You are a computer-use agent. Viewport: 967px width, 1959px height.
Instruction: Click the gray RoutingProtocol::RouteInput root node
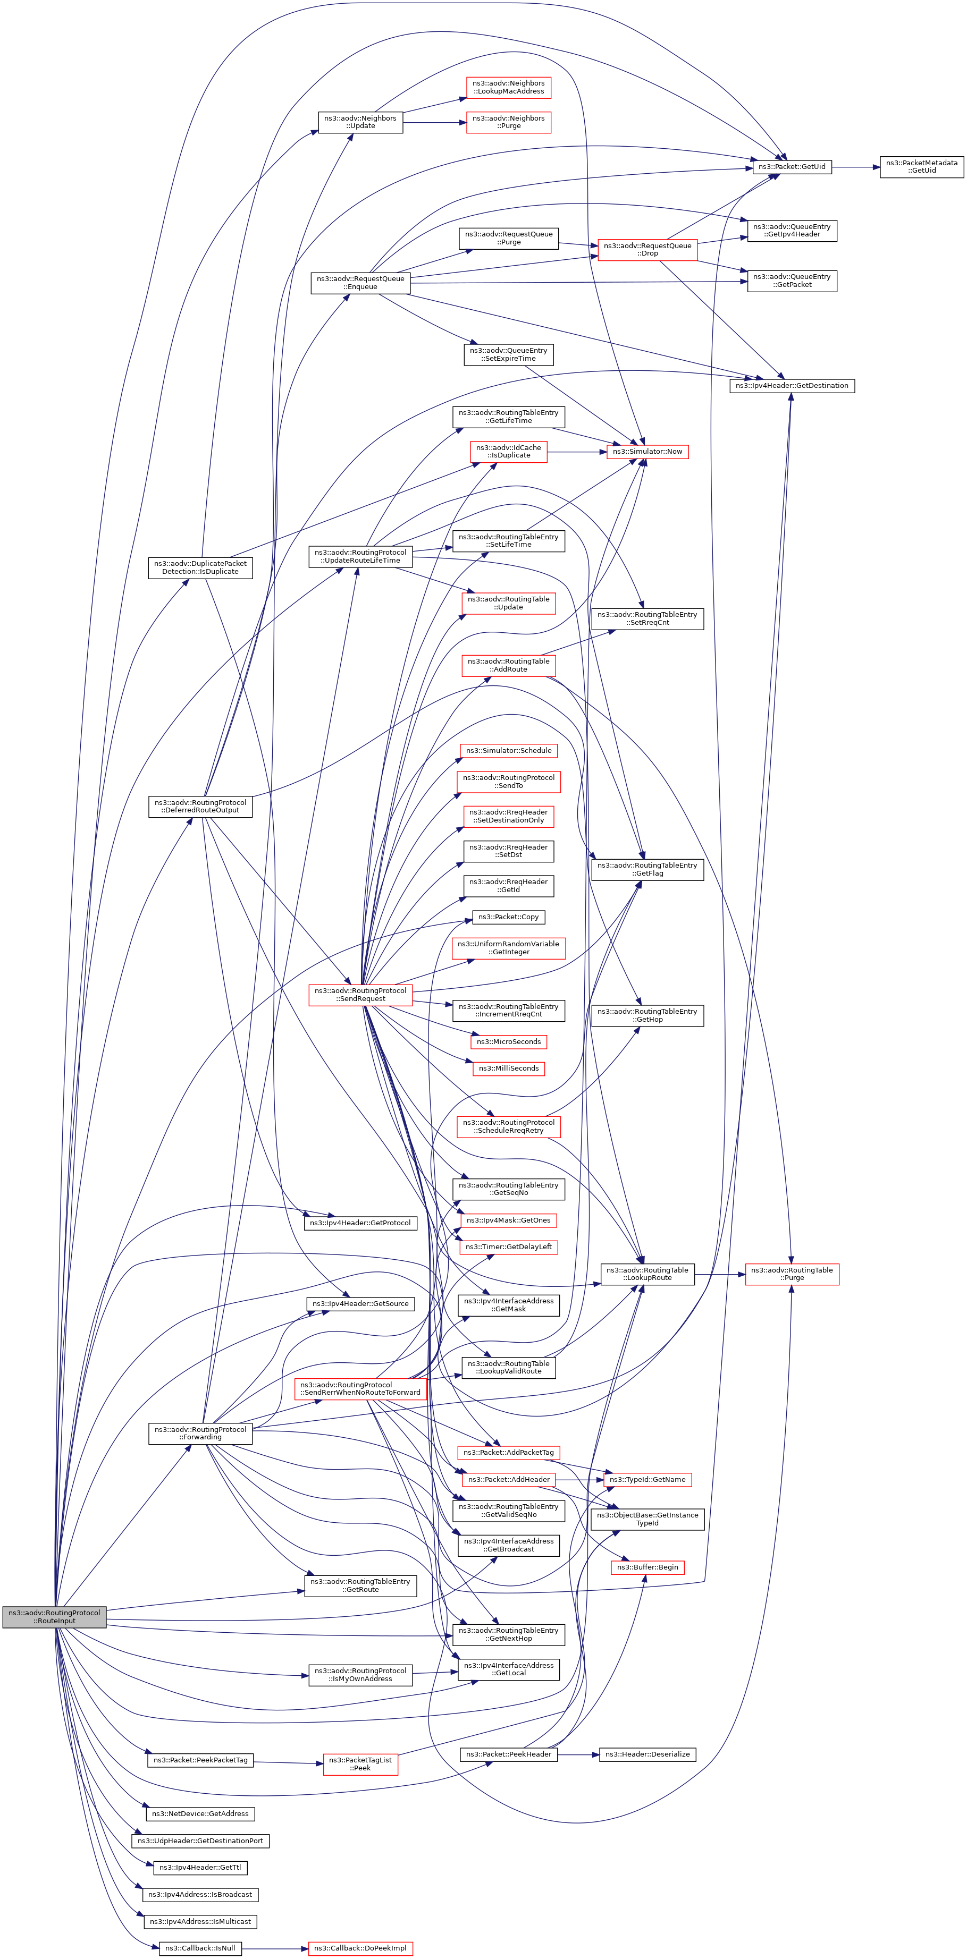54,1617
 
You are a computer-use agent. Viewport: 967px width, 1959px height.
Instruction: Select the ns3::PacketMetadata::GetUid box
921,166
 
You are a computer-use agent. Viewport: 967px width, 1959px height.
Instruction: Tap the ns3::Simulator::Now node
648,452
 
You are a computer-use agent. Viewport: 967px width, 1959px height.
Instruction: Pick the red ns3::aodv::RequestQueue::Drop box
648,249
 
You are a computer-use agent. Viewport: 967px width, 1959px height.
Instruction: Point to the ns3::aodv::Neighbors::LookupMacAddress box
508,88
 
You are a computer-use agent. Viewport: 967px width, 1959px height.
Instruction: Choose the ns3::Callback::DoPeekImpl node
360,1948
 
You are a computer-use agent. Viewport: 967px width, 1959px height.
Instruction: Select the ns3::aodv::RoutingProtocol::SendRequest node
360,995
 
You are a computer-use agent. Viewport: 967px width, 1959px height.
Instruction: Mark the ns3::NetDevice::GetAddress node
200,1814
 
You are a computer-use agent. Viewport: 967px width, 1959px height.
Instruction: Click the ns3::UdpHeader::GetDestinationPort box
200,1841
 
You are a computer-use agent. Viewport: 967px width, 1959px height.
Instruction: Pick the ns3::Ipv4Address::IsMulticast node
200,1921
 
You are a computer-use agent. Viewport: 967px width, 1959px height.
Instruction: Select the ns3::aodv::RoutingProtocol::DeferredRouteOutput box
200,806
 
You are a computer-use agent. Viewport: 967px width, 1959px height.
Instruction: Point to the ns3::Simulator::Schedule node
508,751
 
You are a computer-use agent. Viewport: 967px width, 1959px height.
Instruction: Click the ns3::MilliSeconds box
508,1068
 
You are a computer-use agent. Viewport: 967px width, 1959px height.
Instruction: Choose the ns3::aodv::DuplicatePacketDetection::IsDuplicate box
200,567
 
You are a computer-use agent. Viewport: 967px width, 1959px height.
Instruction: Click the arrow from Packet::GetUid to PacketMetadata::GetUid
856,166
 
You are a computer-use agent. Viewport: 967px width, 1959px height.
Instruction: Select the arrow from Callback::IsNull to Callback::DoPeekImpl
275,1948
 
